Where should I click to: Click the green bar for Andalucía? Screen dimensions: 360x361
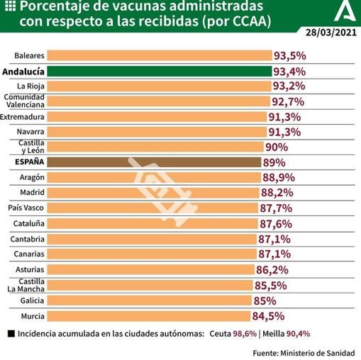point(160,72)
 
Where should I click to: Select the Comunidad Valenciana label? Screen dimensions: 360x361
point(26,101)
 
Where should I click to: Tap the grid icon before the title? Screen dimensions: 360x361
point(9,6)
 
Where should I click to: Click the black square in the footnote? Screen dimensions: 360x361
point(10,334)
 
